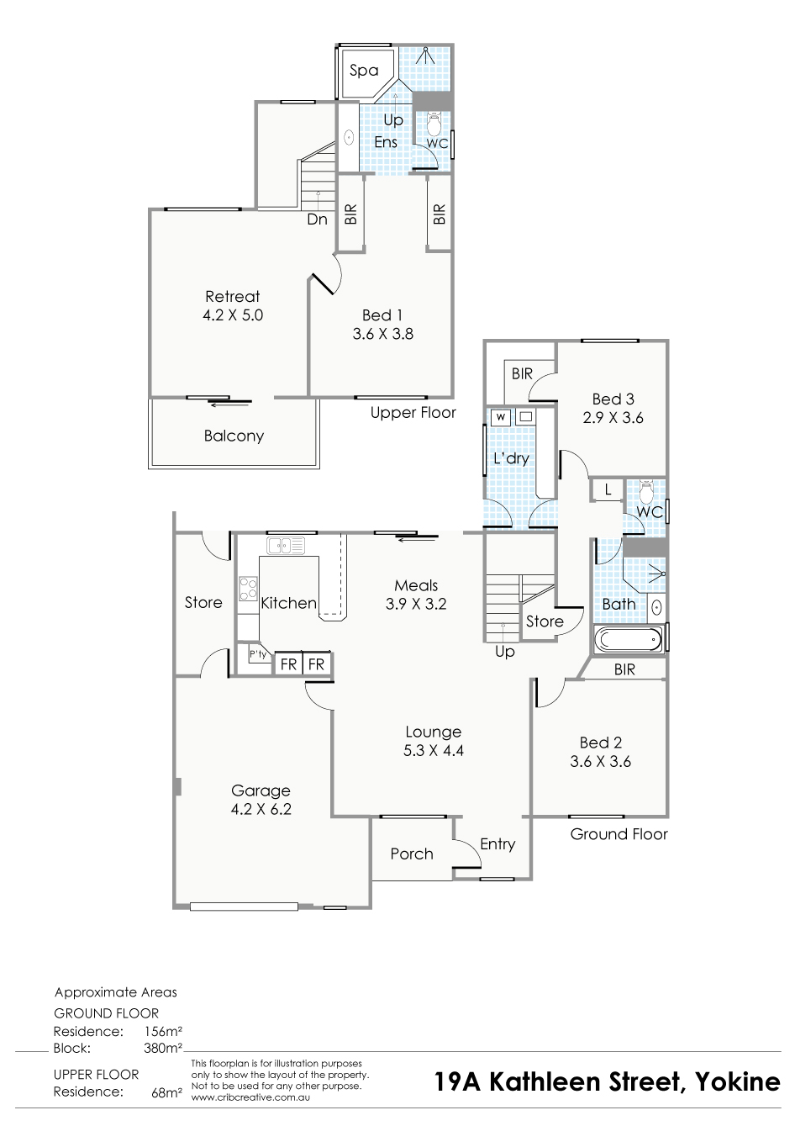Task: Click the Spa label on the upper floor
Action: pos(364,71)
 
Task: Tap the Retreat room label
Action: pos(233,296)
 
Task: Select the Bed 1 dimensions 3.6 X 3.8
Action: pos(382,334)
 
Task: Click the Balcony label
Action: pos(234,436)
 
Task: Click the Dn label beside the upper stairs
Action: pos(318,219)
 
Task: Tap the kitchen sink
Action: pos(286,546)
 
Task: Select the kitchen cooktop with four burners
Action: pos(248,589)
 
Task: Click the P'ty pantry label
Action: pos(258,654)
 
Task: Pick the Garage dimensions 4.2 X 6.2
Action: pos(261,809)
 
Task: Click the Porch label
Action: pos(412,854)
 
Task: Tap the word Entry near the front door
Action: pos(498,844)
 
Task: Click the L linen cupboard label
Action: pos(608,489)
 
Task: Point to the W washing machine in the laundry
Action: pos(501,417)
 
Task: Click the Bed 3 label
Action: pos(613,399)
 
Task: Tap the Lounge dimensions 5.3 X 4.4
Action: pos(434,750)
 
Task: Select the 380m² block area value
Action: pos(163,1048)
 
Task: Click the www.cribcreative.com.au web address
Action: pos(250,1097)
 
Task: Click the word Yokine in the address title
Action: pos(738,1081)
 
